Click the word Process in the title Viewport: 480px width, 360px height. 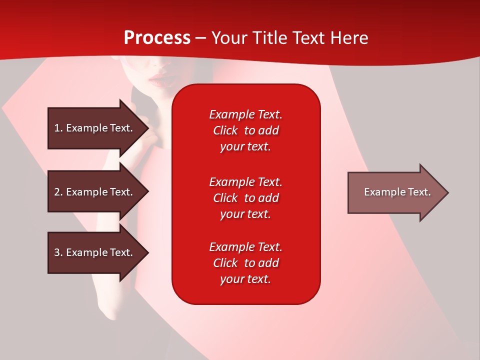click(x=157, y=38)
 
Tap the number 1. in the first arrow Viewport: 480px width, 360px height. click(x=58, y=128)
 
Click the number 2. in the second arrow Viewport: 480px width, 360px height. click(x=58, y=192)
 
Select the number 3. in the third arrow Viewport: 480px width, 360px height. click(x=58, y=252)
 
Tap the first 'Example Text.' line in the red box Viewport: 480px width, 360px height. click(x=245, y=114)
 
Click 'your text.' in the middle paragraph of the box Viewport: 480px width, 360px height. click(x=245, y=214)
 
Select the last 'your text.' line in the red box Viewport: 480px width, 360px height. click(x=245, y=279)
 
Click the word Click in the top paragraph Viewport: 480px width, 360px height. click(x=225, y=130)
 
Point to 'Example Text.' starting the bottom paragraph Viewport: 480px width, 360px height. click(x=245, y=247)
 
